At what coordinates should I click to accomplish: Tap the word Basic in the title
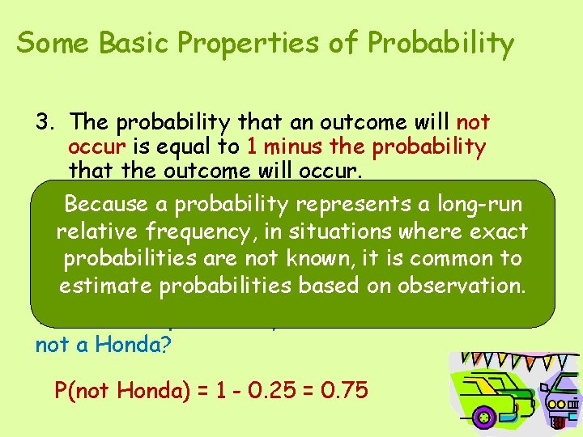tap(130, 43)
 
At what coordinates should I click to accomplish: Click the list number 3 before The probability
tap(44, 122)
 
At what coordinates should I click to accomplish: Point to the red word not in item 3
tap(473, 122)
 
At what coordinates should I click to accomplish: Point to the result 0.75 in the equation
tap(342, 391)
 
